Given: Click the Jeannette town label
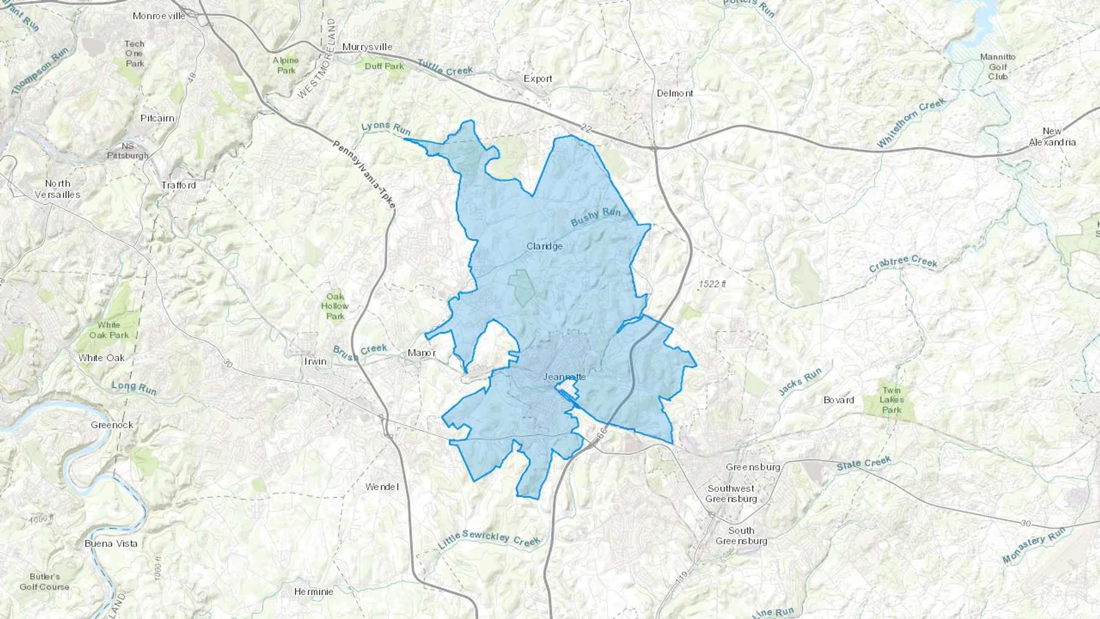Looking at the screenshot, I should tap(564, 376).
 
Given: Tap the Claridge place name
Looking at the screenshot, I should tap(544, 246).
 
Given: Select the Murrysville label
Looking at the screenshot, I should tap(367, 47).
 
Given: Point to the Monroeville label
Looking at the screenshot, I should tap(159, 16).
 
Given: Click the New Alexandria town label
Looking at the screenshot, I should tap(1052, 137).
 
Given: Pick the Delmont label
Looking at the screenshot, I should tap(675, 93).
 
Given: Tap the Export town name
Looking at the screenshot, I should tap(538, 79).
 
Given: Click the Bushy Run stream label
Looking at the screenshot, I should tap(595, 217).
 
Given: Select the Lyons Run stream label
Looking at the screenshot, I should tap(386, 128).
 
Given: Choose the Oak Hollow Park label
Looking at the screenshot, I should tap(335, 306).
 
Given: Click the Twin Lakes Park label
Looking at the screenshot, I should tap(891, 400).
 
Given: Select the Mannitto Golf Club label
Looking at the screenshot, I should tap(997, 67).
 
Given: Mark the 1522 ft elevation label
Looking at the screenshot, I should tap(712, 284).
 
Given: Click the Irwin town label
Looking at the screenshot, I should tap(315, 361).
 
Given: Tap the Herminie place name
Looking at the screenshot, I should tap(313, 592).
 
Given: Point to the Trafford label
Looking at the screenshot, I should tap(178, 185).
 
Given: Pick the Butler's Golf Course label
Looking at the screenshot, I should tap(45, 582).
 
